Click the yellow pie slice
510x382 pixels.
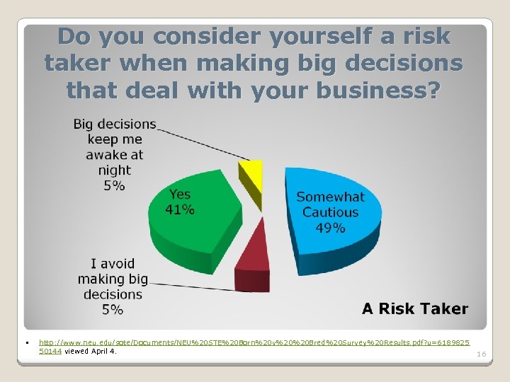251,173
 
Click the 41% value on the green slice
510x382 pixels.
180,209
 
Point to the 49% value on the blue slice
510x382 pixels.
331,228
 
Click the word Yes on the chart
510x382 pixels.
180,195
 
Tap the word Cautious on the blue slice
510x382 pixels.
331,212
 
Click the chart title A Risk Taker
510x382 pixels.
415,308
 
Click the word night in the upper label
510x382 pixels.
115,170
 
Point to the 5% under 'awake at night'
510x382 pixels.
114,185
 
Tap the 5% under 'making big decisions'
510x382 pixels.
112,309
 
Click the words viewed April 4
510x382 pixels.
91,350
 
